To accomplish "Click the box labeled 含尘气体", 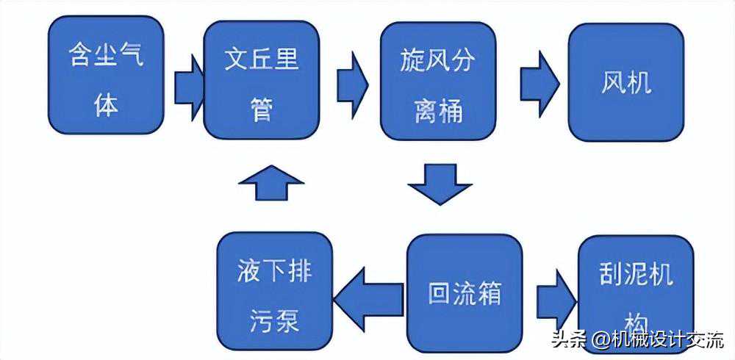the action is point(106,74).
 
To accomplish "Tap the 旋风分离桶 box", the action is point(438,81).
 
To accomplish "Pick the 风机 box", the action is point(626,82).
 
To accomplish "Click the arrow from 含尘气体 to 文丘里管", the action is point(190,87).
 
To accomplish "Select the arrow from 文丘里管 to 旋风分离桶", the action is point(353,84).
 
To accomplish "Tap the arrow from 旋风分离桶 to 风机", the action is point(539,84).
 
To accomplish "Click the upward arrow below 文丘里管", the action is point(271,182).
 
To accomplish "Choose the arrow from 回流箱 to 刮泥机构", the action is point(557,300).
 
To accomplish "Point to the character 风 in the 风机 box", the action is point(614,82).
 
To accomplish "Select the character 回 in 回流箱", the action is point(440,293).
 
